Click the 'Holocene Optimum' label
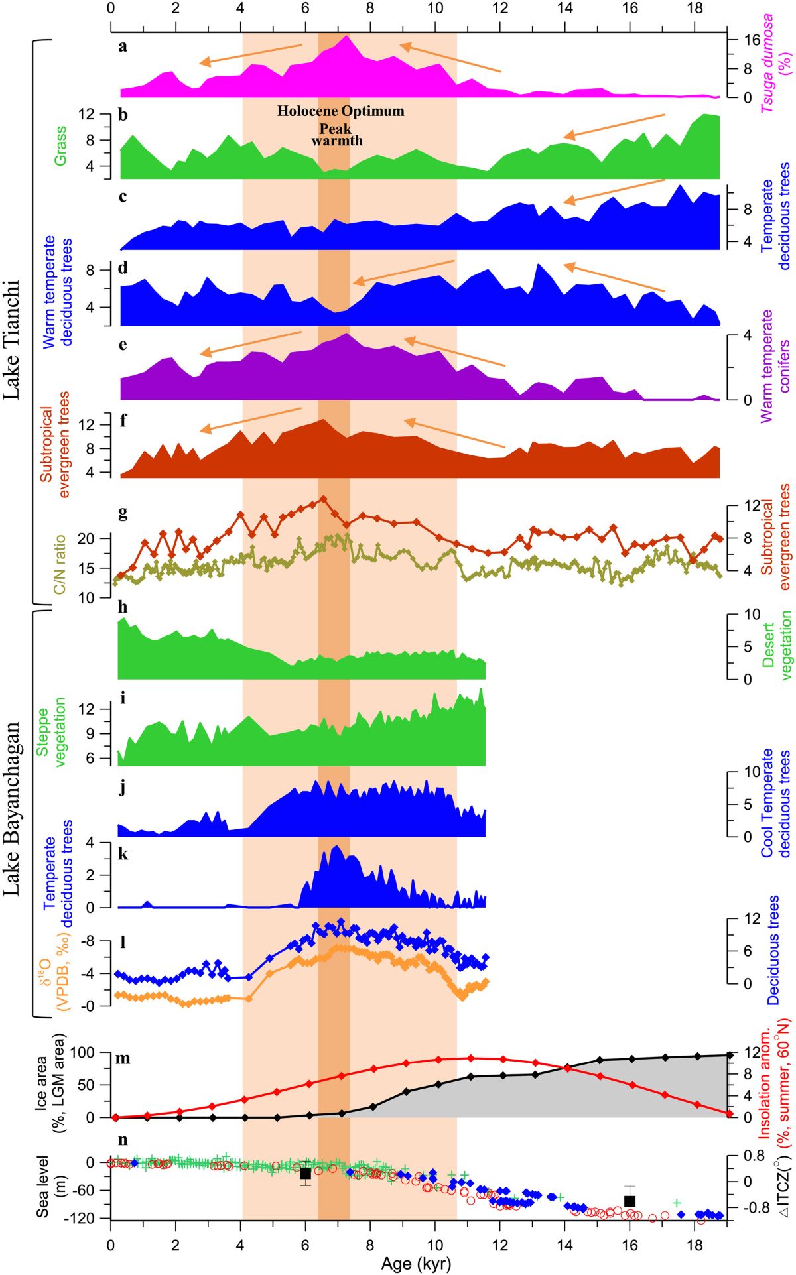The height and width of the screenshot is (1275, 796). click(340, 111)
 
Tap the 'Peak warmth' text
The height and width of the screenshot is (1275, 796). click(337, 135)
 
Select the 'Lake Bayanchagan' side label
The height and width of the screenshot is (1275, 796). click(11, 809)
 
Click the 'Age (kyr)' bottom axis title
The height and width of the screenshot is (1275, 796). click(416, 1264)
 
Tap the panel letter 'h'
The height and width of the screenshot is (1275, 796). click(122, 608)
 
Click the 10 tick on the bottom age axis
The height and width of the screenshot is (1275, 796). click(434, 1240)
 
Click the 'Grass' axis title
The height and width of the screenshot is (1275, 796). click(60, 146)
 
